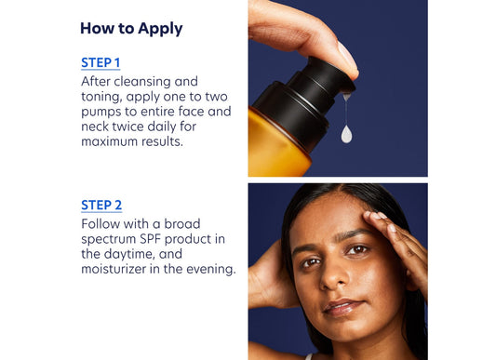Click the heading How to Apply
[131, 28]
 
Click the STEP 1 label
[101, 63]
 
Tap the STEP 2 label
[101, 206]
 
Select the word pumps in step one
[104, 112]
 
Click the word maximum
[112, 141]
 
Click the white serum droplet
[346, 134]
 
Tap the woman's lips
[341, 306]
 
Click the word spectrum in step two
[112, 239]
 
